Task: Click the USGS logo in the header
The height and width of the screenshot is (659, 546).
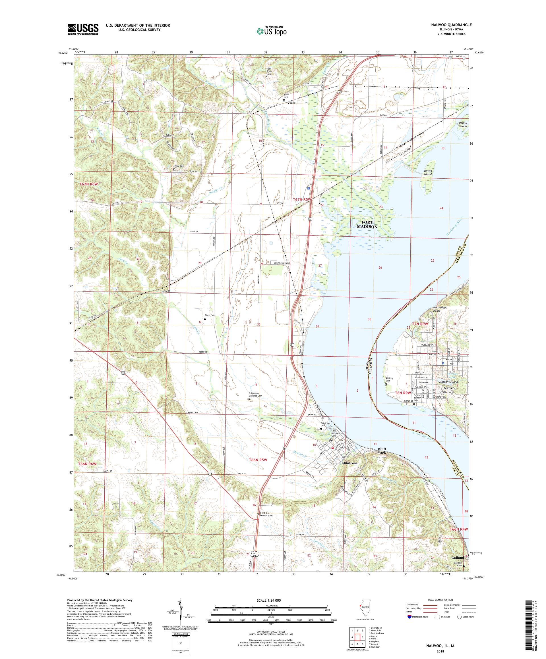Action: [83, 29]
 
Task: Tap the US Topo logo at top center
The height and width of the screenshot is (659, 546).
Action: [272, 30]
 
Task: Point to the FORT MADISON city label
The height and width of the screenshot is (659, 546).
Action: [367, 224]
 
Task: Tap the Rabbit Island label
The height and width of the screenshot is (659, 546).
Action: [462, 125]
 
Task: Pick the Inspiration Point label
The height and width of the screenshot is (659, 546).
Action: [440, 309]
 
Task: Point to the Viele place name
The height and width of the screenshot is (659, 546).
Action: [291, 103]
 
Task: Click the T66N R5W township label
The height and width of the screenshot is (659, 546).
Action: [258, 460]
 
